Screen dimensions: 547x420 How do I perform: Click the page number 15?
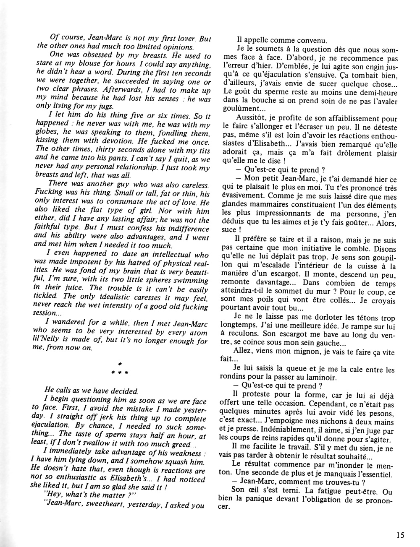click(x=399, y=535)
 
